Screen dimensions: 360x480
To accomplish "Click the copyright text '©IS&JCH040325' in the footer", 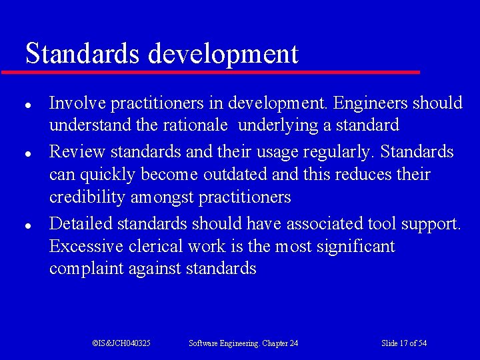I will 121,343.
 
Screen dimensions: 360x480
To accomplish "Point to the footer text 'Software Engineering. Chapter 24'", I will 243,343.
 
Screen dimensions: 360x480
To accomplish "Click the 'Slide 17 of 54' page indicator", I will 404,343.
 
